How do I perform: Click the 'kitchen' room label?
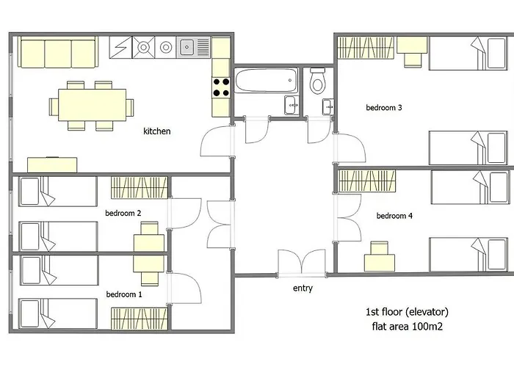[x=157, y=131]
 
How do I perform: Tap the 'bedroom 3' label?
[x=384, y=107]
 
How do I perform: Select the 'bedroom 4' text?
[x=394, y=216]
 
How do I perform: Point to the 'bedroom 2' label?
[x=123, y=213]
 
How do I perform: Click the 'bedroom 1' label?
[x=124, y=294]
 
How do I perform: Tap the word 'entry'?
[x=303, y=288]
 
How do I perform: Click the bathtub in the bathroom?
[x=267, y=80]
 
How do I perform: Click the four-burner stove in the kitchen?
[x=221, y=87]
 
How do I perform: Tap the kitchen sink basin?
[x=187, y=47]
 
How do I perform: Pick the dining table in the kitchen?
[x=93, y=105]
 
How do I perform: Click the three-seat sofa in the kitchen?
[x=58, y=52]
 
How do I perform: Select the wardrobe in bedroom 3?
[x=366, y=48]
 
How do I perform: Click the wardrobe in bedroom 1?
[x=140, y=319]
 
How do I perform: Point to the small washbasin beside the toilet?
[x=328, y=106]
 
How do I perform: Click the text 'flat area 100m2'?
[x=408, y=327]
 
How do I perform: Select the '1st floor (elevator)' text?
[x=407, y=312]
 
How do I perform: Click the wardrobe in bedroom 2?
[x=140, y=188]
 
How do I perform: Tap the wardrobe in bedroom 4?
[x=367, y=181]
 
